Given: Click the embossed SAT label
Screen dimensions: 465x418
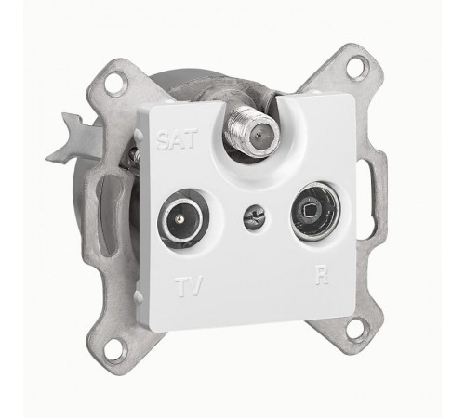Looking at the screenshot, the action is pyautogui.click(x=177, y=139).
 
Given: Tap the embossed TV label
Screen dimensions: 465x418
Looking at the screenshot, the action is pyautogui.click(x=189, y=286).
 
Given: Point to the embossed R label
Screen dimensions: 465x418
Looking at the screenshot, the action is pyautogui.click(x=322, y=275).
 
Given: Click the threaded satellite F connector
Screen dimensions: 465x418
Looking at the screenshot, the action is pyautogui.click(x=252, y=134).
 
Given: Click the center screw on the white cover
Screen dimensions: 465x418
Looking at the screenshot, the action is pyautogui.click(x=255, y=215).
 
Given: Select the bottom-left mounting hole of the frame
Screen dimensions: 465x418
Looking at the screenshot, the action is pyautogui.click(x=114, y=349).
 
